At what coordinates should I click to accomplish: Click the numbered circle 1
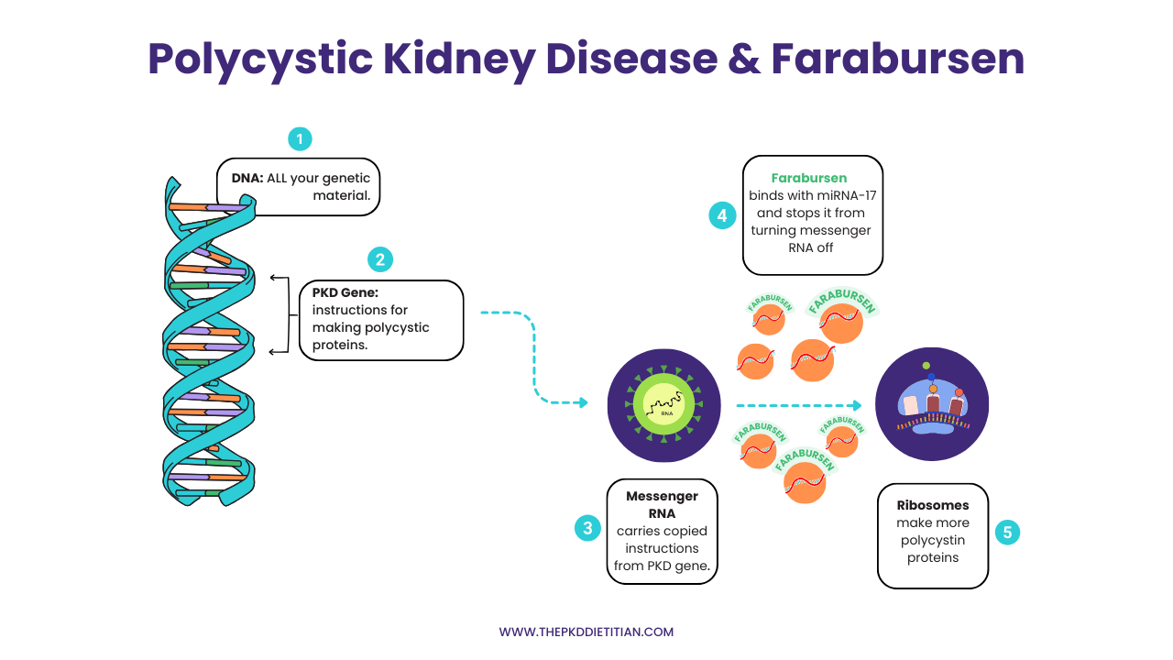300,138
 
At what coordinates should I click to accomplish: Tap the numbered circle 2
380,259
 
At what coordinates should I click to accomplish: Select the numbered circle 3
587,528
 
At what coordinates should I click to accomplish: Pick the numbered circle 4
722,215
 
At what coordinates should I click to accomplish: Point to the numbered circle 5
1007,533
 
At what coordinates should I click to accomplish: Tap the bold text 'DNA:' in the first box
247,178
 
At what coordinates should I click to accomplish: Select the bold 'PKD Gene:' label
345,292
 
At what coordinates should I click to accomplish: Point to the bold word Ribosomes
933,505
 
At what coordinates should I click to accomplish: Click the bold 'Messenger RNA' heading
662,504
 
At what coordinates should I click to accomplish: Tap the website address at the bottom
586,632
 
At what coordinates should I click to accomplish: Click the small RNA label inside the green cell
666,413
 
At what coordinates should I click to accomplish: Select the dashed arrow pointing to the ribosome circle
798,405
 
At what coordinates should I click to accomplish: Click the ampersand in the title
743,59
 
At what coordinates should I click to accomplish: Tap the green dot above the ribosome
926,366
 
